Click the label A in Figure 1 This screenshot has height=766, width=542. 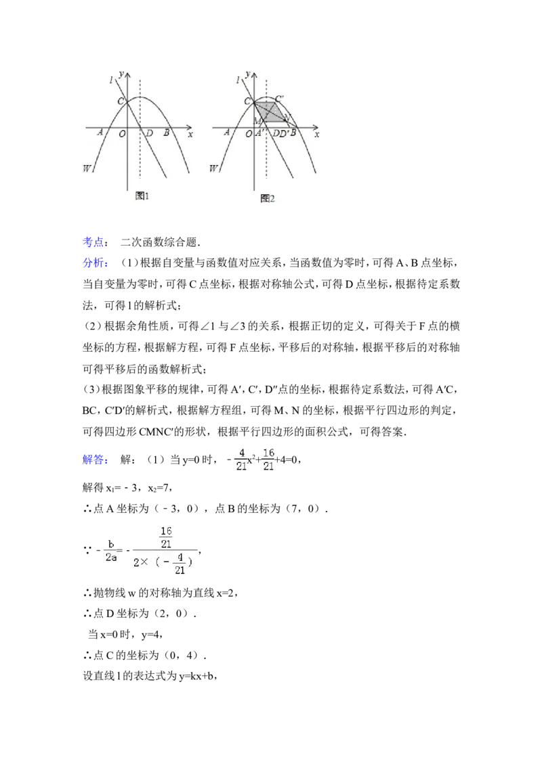100,133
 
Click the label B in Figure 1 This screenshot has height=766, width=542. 166,133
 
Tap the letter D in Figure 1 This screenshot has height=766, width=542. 148,133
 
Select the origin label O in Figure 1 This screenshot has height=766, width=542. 122,133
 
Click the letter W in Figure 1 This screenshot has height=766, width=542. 87,168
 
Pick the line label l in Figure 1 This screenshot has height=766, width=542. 110,81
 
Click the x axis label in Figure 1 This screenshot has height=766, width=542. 190,134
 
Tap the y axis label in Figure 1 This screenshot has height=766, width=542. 121,73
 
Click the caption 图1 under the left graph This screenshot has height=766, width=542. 142,196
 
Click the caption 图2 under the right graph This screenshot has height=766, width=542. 268,199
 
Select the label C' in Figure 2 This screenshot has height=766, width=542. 279,99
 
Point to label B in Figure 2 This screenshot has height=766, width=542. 293,133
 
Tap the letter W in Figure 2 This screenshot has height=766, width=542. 214,168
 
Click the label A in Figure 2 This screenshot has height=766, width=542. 227,133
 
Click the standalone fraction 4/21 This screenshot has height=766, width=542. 241,460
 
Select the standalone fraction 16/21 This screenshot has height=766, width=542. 268,460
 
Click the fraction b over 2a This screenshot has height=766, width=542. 111,549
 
